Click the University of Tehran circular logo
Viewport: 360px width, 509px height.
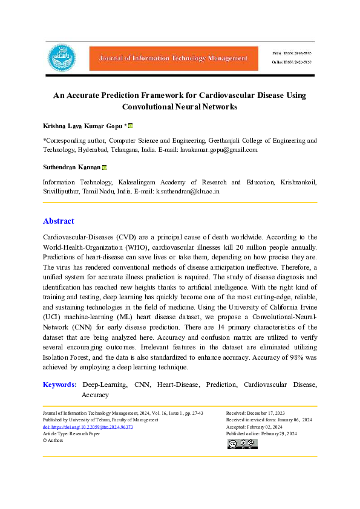pyautogui.click(x=62, y=58)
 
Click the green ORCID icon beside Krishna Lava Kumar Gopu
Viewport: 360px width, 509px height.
pyautogui.click(x=131, y=126)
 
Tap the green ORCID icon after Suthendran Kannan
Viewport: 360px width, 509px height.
pyautogui.click(x=105, y=167)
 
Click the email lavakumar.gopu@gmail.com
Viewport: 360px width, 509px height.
pyautogui.click(x=219, y=149)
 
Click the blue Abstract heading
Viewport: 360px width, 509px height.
pyautogui.click(x=59, y=221)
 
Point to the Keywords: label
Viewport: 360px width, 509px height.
pyautogui.click(x=60, y=384)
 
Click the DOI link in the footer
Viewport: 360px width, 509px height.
pyautogui.click(x=88, y=427)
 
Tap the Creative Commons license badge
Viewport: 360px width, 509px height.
pyautogui.click(x=242, y=444)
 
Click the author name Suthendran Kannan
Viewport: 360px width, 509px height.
pyautogui.click(x=71, y=167)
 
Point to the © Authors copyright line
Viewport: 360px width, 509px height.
pyautogui.click(x=53, y=441)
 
